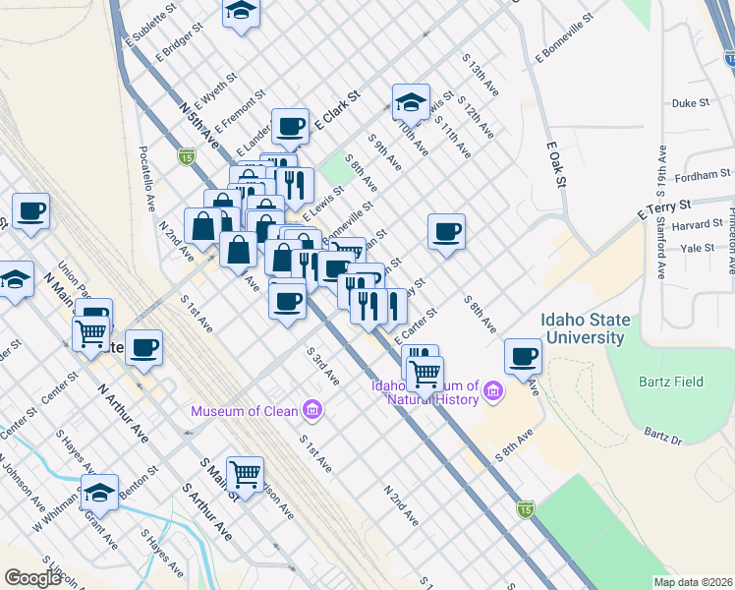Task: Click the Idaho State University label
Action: click(583, 328)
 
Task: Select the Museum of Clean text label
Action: click(247, 410)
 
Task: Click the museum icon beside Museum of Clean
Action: click(312, 408)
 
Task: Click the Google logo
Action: click(32, 577)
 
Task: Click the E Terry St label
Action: click(664, 207)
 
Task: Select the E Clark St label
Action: click(337, 110)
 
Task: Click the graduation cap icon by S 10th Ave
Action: click(411, 100)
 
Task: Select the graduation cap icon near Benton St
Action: click(99, 491)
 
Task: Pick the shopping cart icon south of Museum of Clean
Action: click(245, 473)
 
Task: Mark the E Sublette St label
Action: click(148, 28)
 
